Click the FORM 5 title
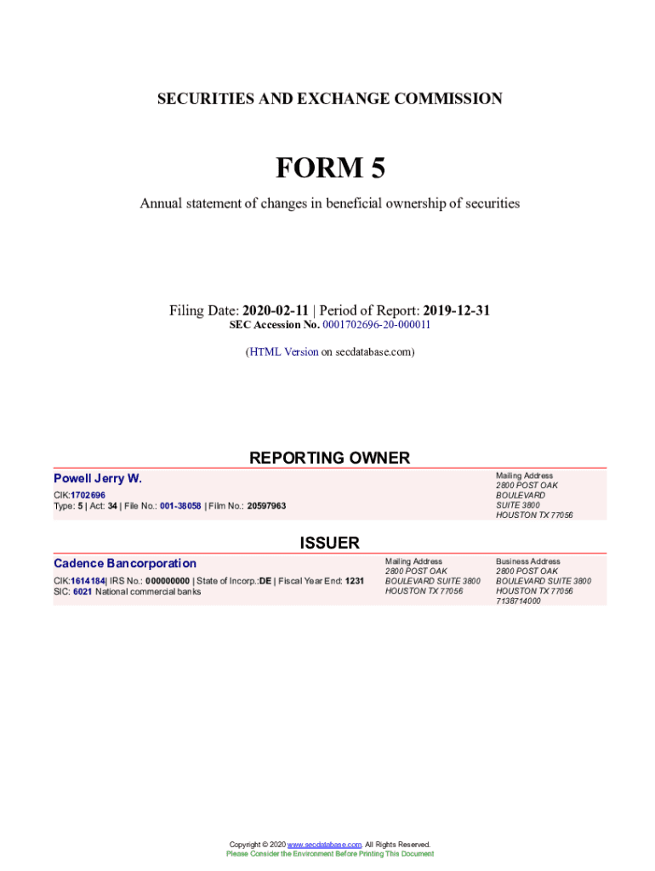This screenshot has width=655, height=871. tap(329, 168)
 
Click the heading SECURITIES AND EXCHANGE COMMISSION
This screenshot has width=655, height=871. tap(329, 99)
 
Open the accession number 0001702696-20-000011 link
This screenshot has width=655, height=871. tap(376, 325)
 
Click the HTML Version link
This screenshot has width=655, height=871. tap(282, 351)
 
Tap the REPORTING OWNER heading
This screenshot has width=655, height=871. tap(329, 458)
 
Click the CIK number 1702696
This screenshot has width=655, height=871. tap(88, 495)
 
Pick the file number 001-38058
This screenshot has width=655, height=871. tap(180, 506)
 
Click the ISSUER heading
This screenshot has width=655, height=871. tap(329, 543)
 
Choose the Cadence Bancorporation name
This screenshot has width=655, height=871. tap(125, 563)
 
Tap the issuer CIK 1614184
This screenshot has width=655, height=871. tap(88, 581)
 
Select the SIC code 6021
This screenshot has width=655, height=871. tap(83, 591)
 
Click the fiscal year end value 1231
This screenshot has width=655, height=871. tap(355, 581)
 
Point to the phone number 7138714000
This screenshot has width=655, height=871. tap(518, 601)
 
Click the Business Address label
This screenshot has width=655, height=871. tap(527, 561)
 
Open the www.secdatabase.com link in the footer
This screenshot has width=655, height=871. tap(325, 845)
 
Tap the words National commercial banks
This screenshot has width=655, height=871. tap(148, 591)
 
